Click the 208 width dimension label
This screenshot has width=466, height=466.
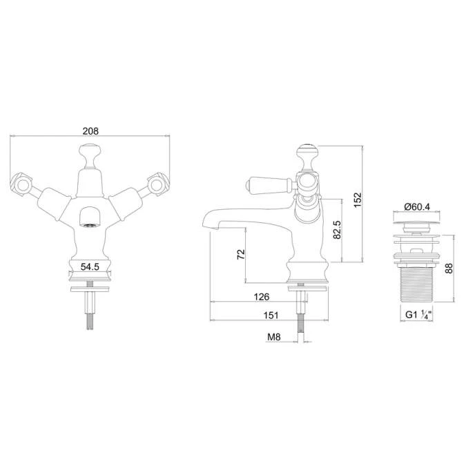pyautogui.click(x=90, y=131)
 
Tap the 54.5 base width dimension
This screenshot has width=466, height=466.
pyautogui.click(x=90, y=266)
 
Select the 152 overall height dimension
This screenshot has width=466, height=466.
pyautogui.click(x=358, y=200)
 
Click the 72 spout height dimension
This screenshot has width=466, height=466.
pyautogui.click(x=241, y=254)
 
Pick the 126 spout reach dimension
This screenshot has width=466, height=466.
pyautogui.click(x=262, y=297)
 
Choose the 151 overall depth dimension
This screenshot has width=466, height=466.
pyautogui.click(x=271, y=315)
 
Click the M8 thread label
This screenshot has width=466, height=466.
pyautogui.click(x=273, y=337)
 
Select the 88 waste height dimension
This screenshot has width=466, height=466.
pyautogui.click(x=449, y=269)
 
